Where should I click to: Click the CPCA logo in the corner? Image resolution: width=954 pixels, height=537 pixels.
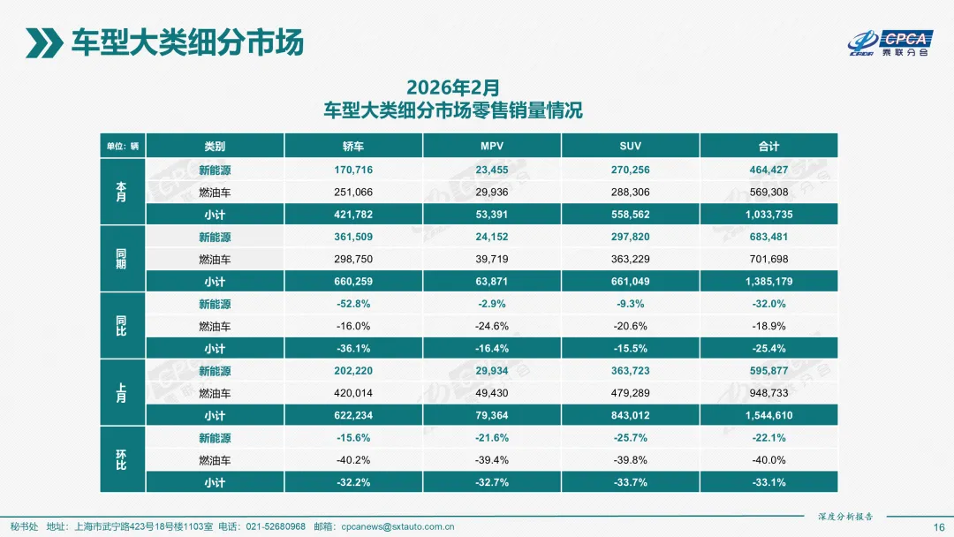(x=890, y=42)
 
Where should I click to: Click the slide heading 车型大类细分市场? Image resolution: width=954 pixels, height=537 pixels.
(x=187, y=42)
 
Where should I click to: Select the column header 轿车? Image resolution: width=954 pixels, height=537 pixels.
(x=353, y=146)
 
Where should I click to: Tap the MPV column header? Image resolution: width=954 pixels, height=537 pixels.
(x=492, y=146)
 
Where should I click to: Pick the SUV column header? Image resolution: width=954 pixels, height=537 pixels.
(x=631, y=146)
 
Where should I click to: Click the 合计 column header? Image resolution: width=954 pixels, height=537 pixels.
(x=768, y=146)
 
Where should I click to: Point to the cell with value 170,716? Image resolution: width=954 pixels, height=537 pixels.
(x=353, y=170)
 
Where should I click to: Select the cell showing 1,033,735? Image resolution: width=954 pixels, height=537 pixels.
(x=768, y=215)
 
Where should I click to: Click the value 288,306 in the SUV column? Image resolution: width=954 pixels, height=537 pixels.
(x=631, y=193)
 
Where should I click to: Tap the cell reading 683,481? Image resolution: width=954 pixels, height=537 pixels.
(x=768, y=237)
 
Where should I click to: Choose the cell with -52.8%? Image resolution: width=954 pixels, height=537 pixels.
(x=353, y=304)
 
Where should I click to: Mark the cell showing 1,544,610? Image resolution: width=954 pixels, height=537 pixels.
(x=768, y=415)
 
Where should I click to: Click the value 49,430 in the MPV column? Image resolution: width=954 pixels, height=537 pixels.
(x=492, y=393)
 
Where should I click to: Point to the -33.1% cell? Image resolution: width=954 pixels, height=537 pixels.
(x=768, y=482)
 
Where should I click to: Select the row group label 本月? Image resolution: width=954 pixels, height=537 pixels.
(x=121, y=193)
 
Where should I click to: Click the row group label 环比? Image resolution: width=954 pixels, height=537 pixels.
(x=121, y=460)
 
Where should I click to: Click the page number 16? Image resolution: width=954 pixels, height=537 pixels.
(x=939, y=526)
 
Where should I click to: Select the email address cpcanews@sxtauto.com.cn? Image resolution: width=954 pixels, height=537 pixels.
(x=397, y=526)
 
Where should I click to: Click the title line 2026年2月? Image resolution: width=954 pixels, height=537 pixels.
(x=453, y=87)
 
